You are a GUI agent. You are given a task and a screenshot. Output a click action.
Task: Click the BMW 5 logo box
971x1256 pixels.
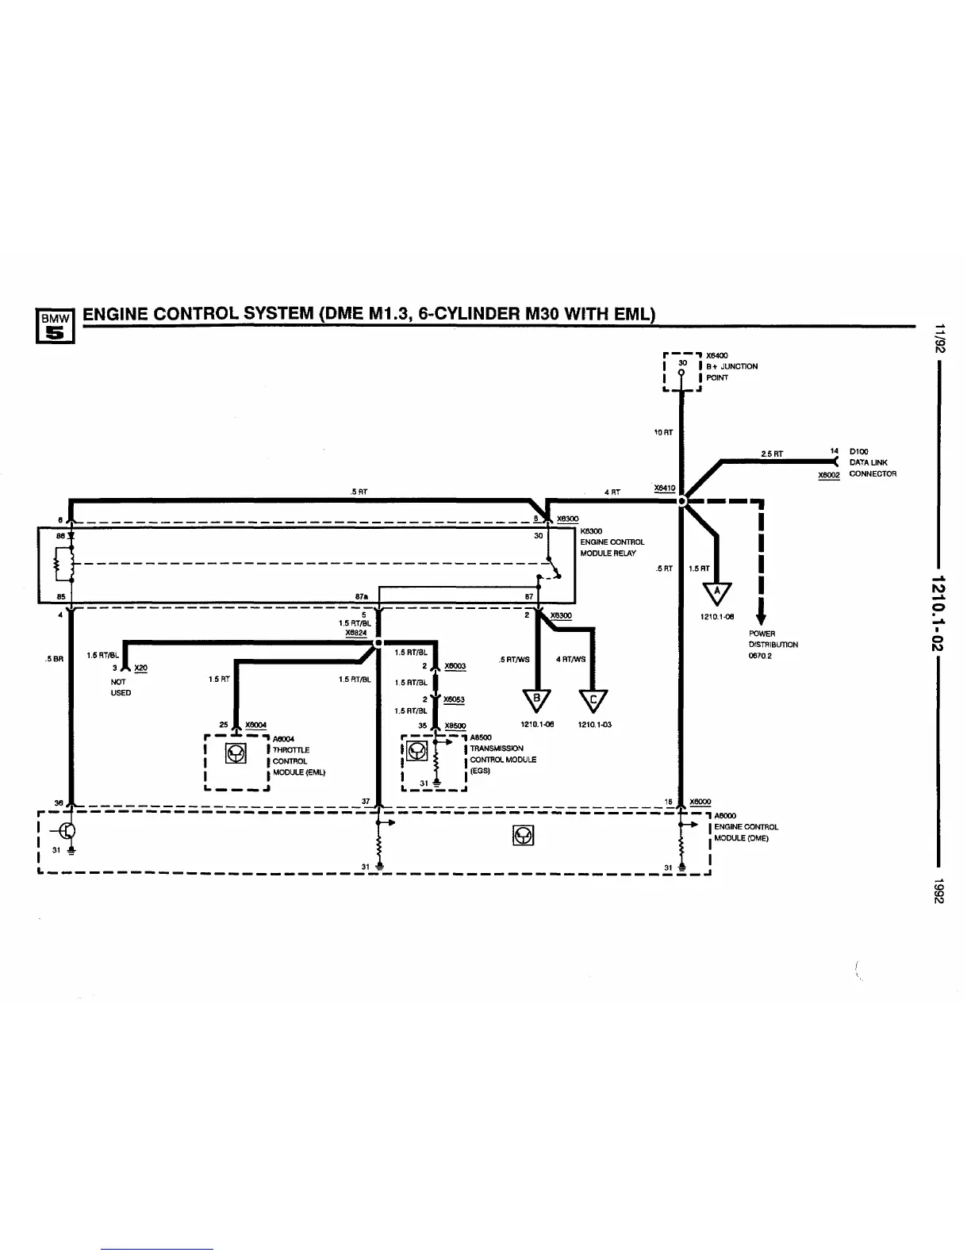click(56, 327)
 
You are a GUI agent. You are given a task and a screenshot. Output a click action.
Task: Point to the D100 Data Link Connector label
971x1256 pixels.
click(872, 462)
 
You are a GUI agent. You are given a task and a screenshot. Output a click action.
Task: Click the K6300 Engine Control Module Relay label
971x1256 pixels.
click(612, 542)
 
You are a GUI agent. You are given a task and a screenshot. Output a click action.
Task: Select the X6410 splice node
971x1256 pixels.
click(681, 500)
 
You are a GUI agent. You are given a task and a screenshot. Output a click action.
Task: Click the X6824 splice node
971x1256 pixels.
click(378, 642)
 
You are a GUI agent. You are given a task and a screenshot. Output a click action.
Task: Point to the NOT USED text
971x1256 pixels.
click(121, 687)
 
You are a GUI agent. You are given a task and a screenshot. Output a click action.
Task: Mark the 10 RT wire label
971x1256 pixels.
click(663, 432)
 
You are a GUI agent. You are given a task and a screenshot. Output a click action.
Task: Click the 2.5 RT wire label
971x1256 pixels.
click(772, 454)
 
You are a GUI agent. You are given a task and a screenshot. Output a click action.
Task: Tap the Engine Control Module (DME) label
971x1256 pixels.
click(744, 826)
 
